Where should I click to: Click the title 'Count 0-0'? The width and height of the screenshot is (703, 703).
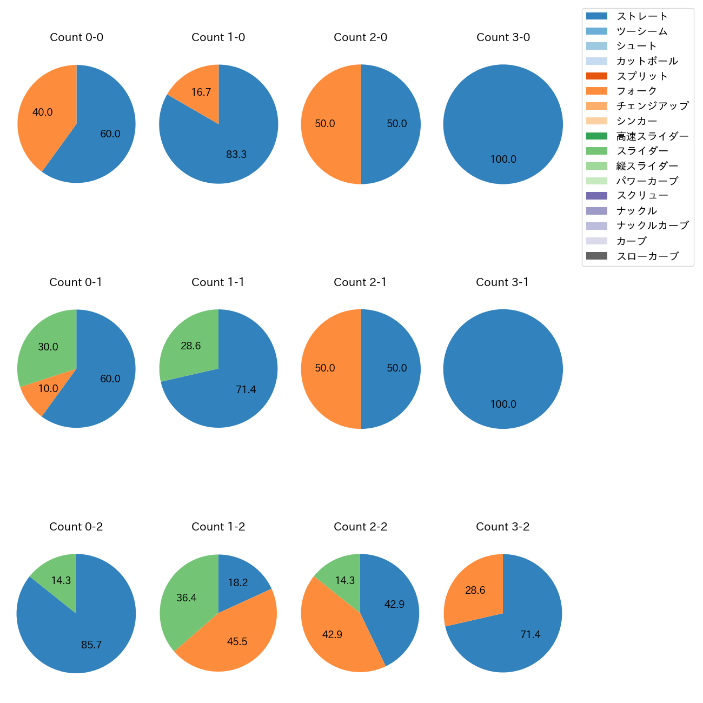click(x=76, y=37)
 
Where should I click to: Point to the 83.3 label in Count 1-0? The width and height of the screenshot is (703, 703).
click(x=236, y=155)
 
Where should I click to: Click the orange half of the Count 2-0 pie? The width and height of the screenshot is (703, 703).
click(x=327, y=124)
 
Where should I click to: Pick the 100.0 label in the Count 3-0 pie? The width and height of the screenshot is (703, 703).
click(x=503, y=160)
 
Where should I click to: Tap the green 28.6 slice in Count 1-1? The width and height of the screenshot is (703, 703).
click(x=189, y=343)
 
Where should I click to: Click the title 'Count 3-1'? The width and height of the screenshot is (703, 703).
click(x=502, y=282)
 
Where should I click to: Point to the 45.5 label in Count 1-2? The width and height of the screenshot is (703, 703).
click(x=237, y=642)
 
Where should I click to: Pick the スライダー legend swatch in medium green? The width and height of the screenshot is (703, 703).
click(x=596, y=151)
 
